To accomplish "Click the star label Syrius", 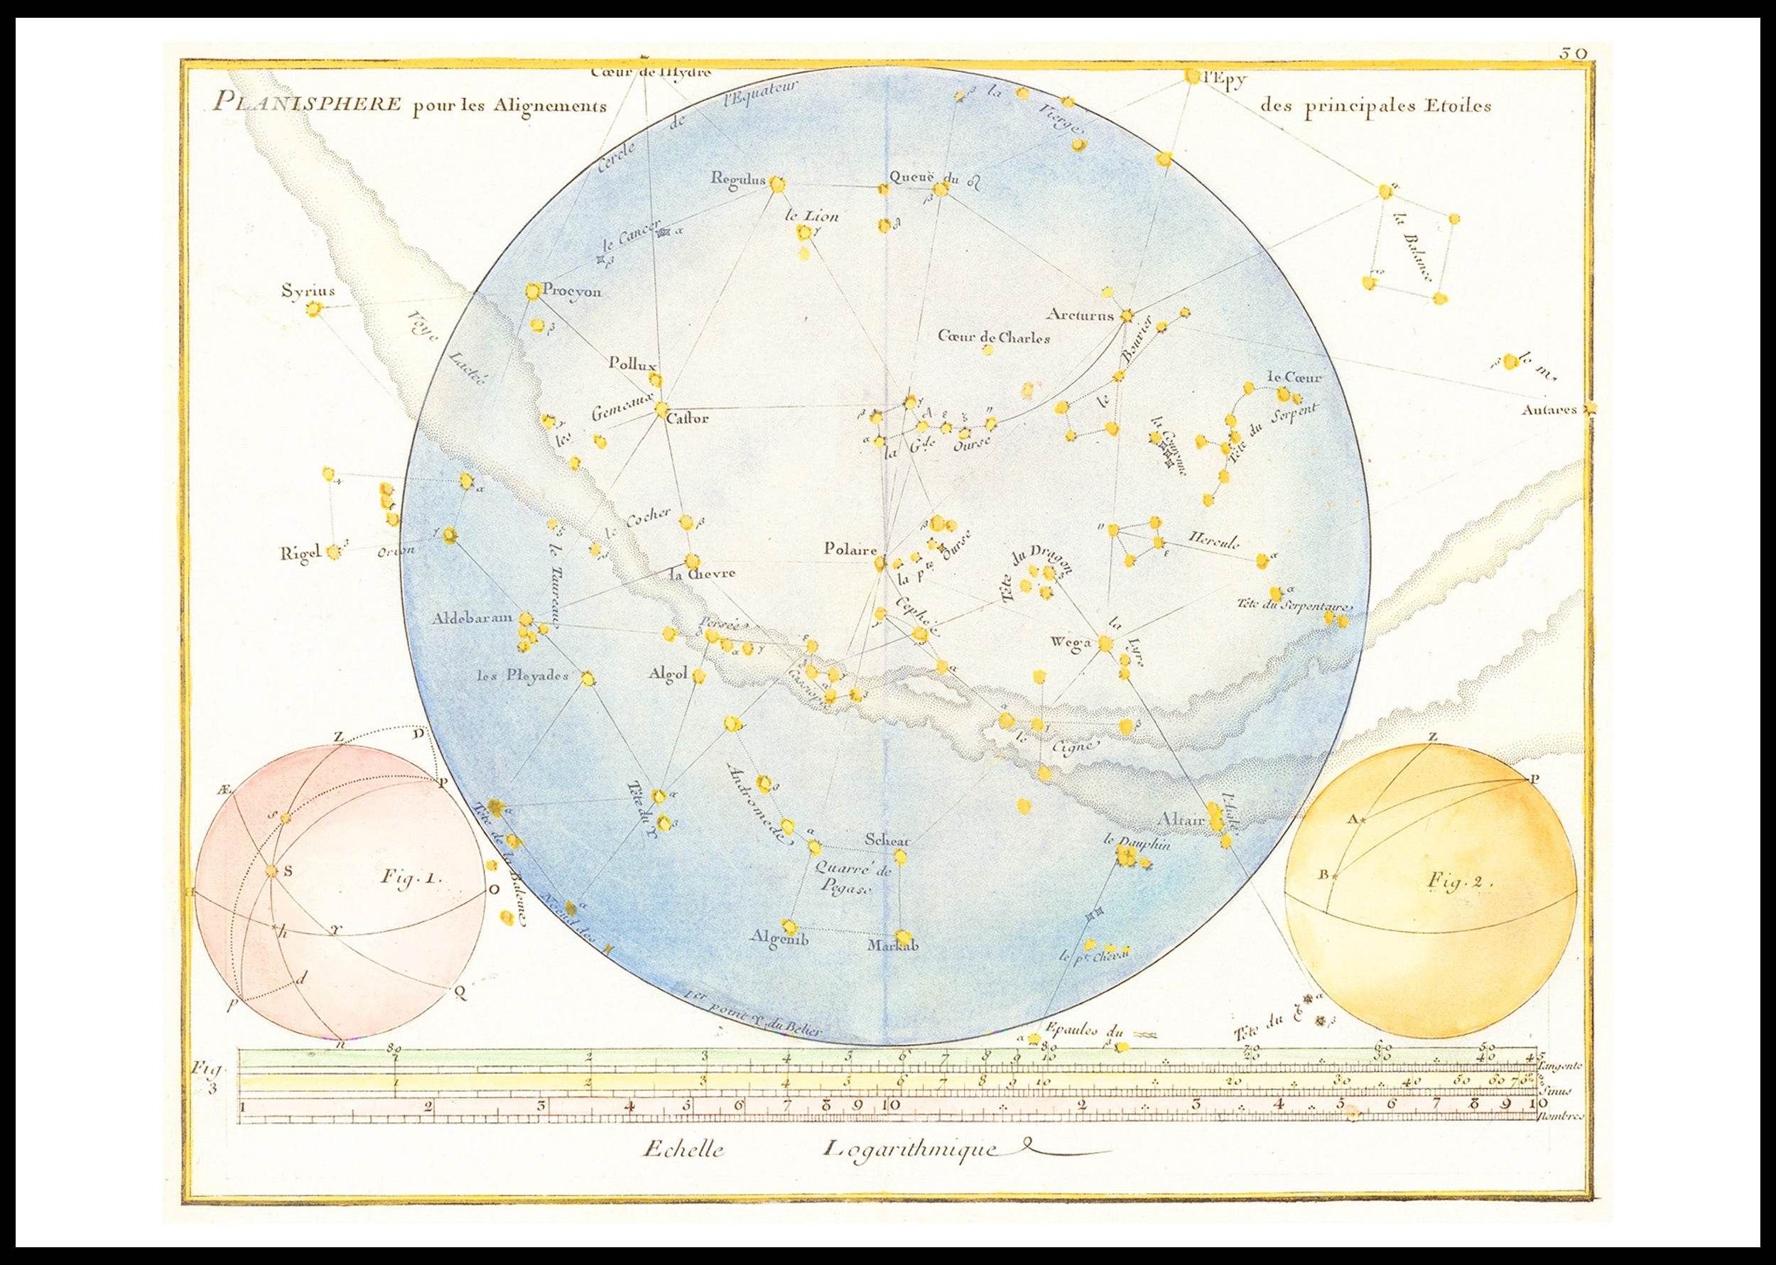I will (x=308, y=292).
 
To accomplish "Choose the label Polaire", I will (x=850, y=549).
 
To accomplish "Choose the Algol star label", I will (x=667, y=675).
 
